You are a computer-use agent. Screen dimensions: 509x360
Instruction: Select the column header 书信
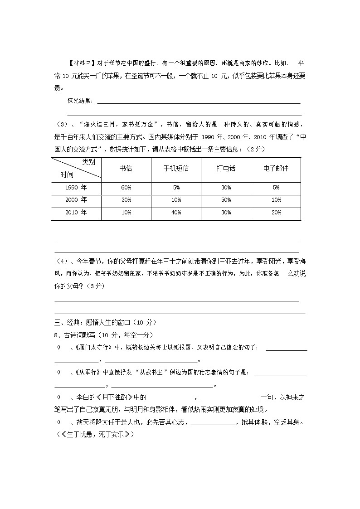(126, 168)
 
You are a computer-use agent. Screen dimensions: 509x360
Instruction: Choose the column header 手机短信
(176, 168)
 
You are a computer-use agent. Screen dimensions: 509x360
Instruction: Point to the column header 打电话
(226, 168)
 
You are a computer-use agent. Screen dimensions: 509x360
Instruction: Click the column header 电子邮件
(276, 168)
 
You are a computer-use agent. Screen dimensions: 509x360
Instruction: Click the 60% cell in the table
(126, 187)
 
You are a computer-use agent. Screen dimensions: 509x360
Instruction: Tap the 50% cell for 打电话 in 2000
(226, 200)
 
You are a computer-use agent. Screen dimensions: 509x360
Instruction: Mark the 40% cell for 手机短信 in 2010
(176, 213)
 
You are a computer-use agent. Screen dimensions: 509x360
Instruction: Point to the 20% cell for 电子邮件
(276, 213)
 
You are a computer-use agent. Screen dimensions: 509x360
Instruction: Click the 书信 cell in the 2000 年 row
(126, 200)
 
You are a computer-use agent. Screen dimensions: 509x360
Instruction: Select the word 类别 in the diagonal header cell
(88, 162)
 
